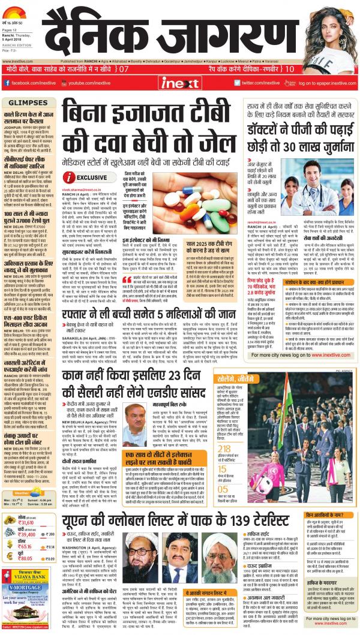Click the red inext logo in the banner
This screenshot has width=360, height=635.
(x=179, y=82)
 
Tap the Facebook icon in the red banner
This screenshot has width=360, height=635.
(x=8, y=82)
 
